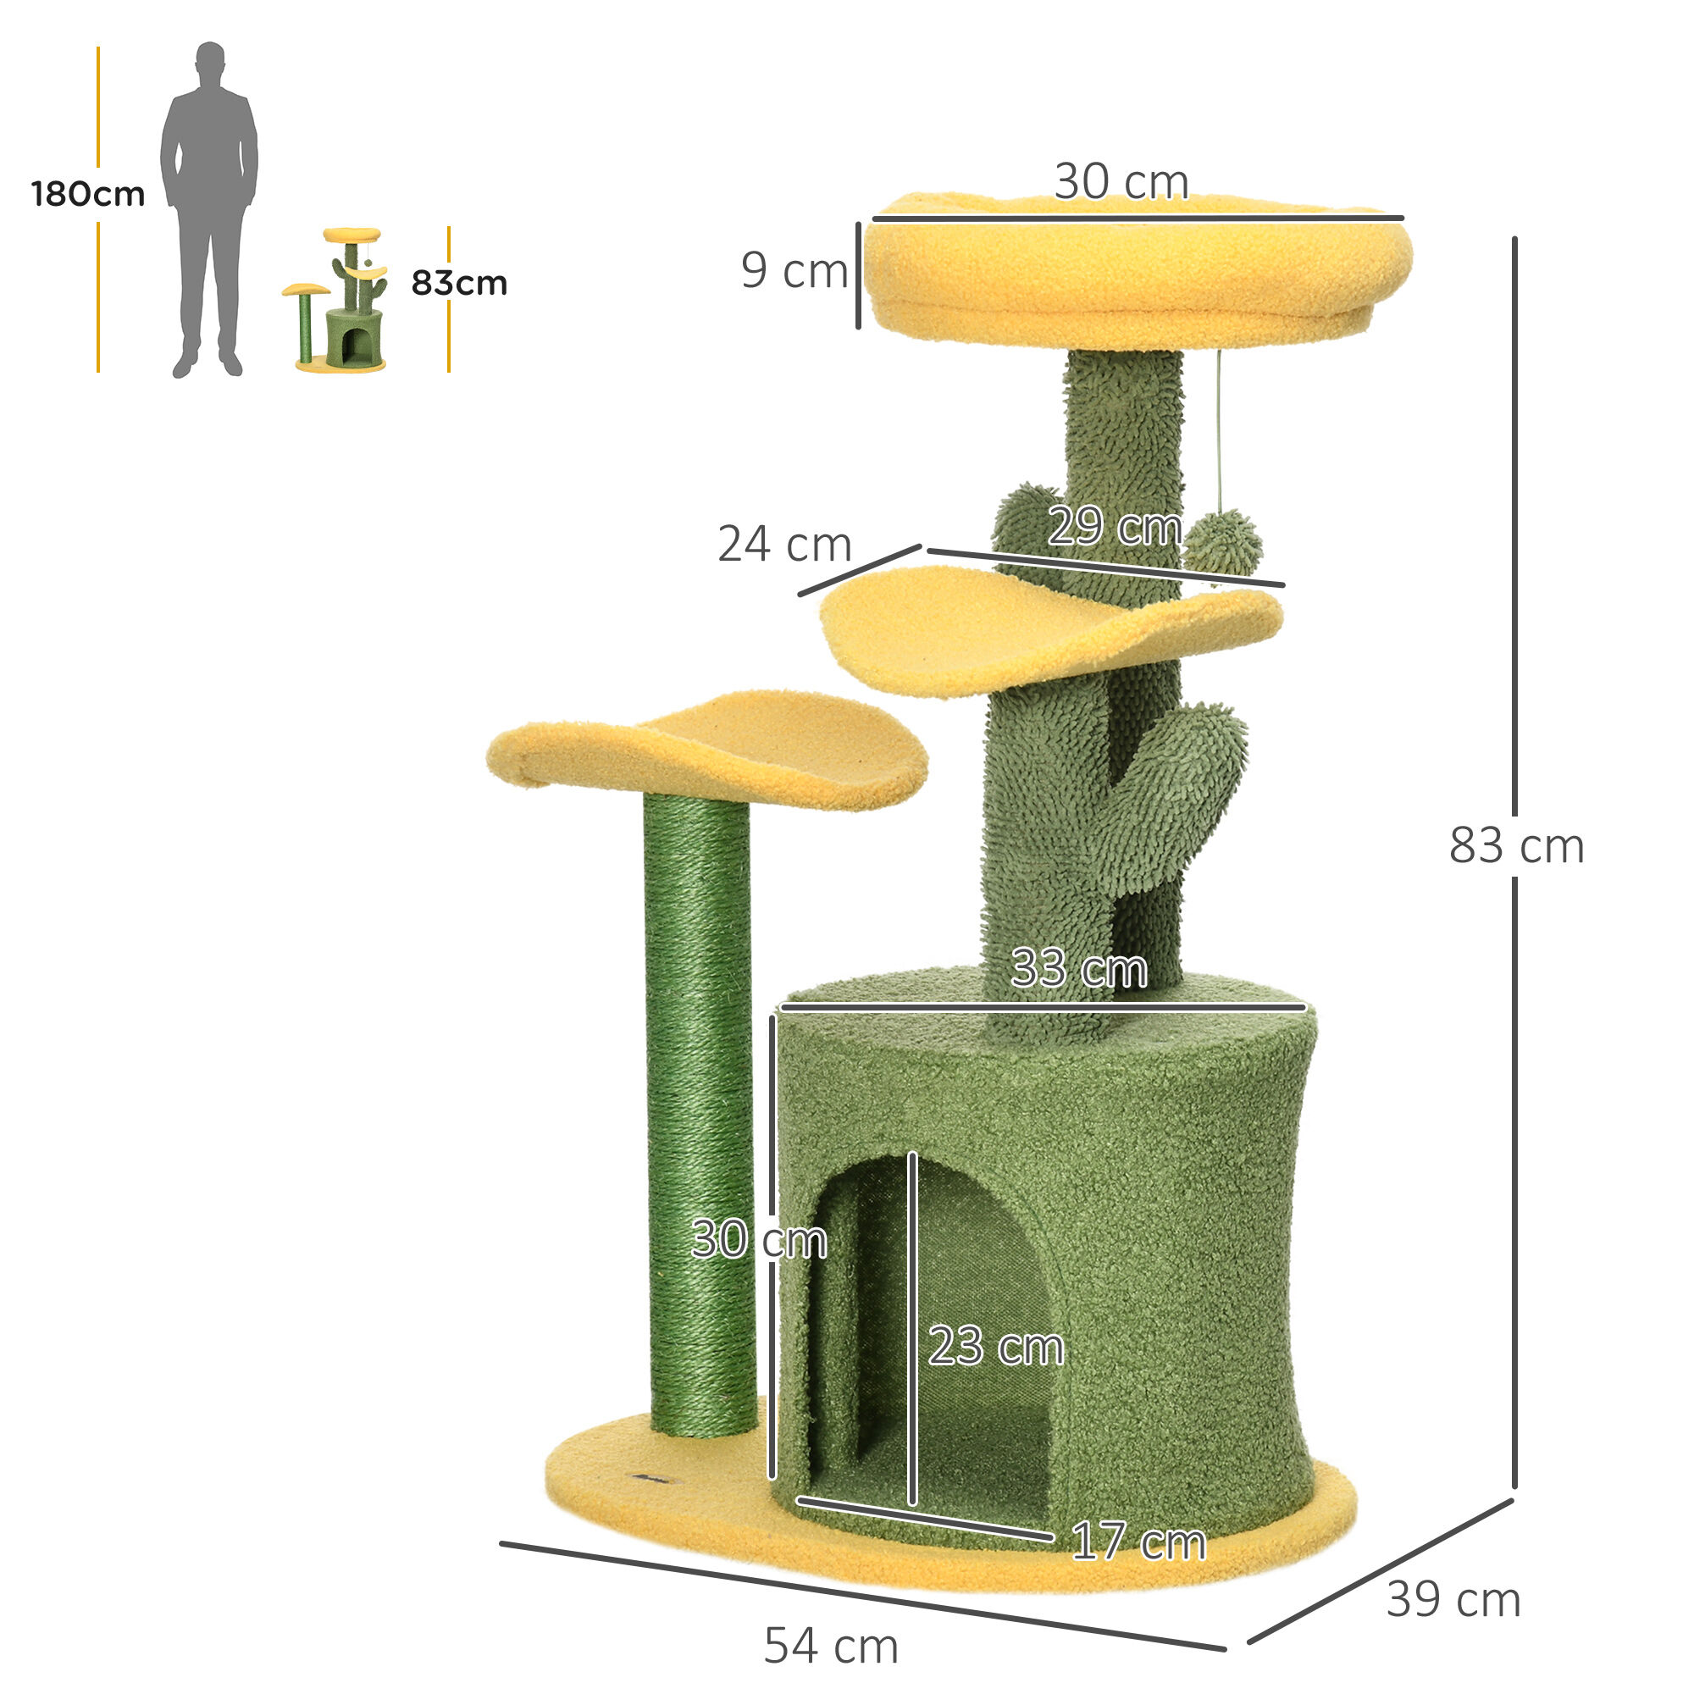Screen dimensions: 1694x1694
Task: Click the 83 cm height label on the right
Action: tap(1516, 846)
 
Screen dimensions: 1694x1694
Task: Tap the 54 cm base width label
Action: tap(830, 1645)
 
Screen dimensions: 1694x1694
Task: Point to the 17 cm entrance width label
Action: tap(1138, 1542)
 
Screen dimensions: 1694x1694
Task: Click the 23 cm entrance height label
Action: tap(996, 1346)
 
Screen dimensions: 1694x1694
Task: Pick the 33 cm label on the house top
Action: tap(1078, 969)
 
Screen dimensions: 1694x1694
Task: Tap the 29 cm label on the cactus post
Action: tap(1115, 527)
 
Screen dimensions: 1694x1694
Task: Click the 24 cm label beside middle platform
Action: tap(783, 545)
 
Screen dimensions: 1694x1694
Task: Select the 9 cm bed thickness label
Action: tap(794, 270)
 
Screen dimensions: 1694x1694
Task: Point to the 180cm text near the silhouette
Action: tap(88, 194)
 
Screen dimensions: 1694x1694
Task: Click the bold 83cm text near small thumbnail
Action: tap(458, 283)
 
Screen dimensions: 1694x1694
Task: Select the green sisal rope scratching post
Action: tap(699, 1114)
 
